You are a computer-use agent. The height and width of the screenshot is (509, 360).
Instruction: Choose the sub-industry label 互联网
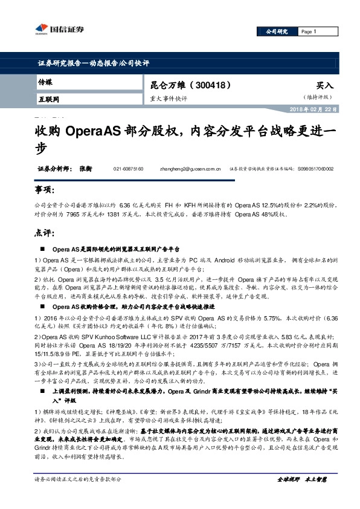point(48,98)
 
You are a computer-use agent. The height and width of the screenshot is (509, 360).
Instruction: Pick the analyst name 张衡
point(84,169)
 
